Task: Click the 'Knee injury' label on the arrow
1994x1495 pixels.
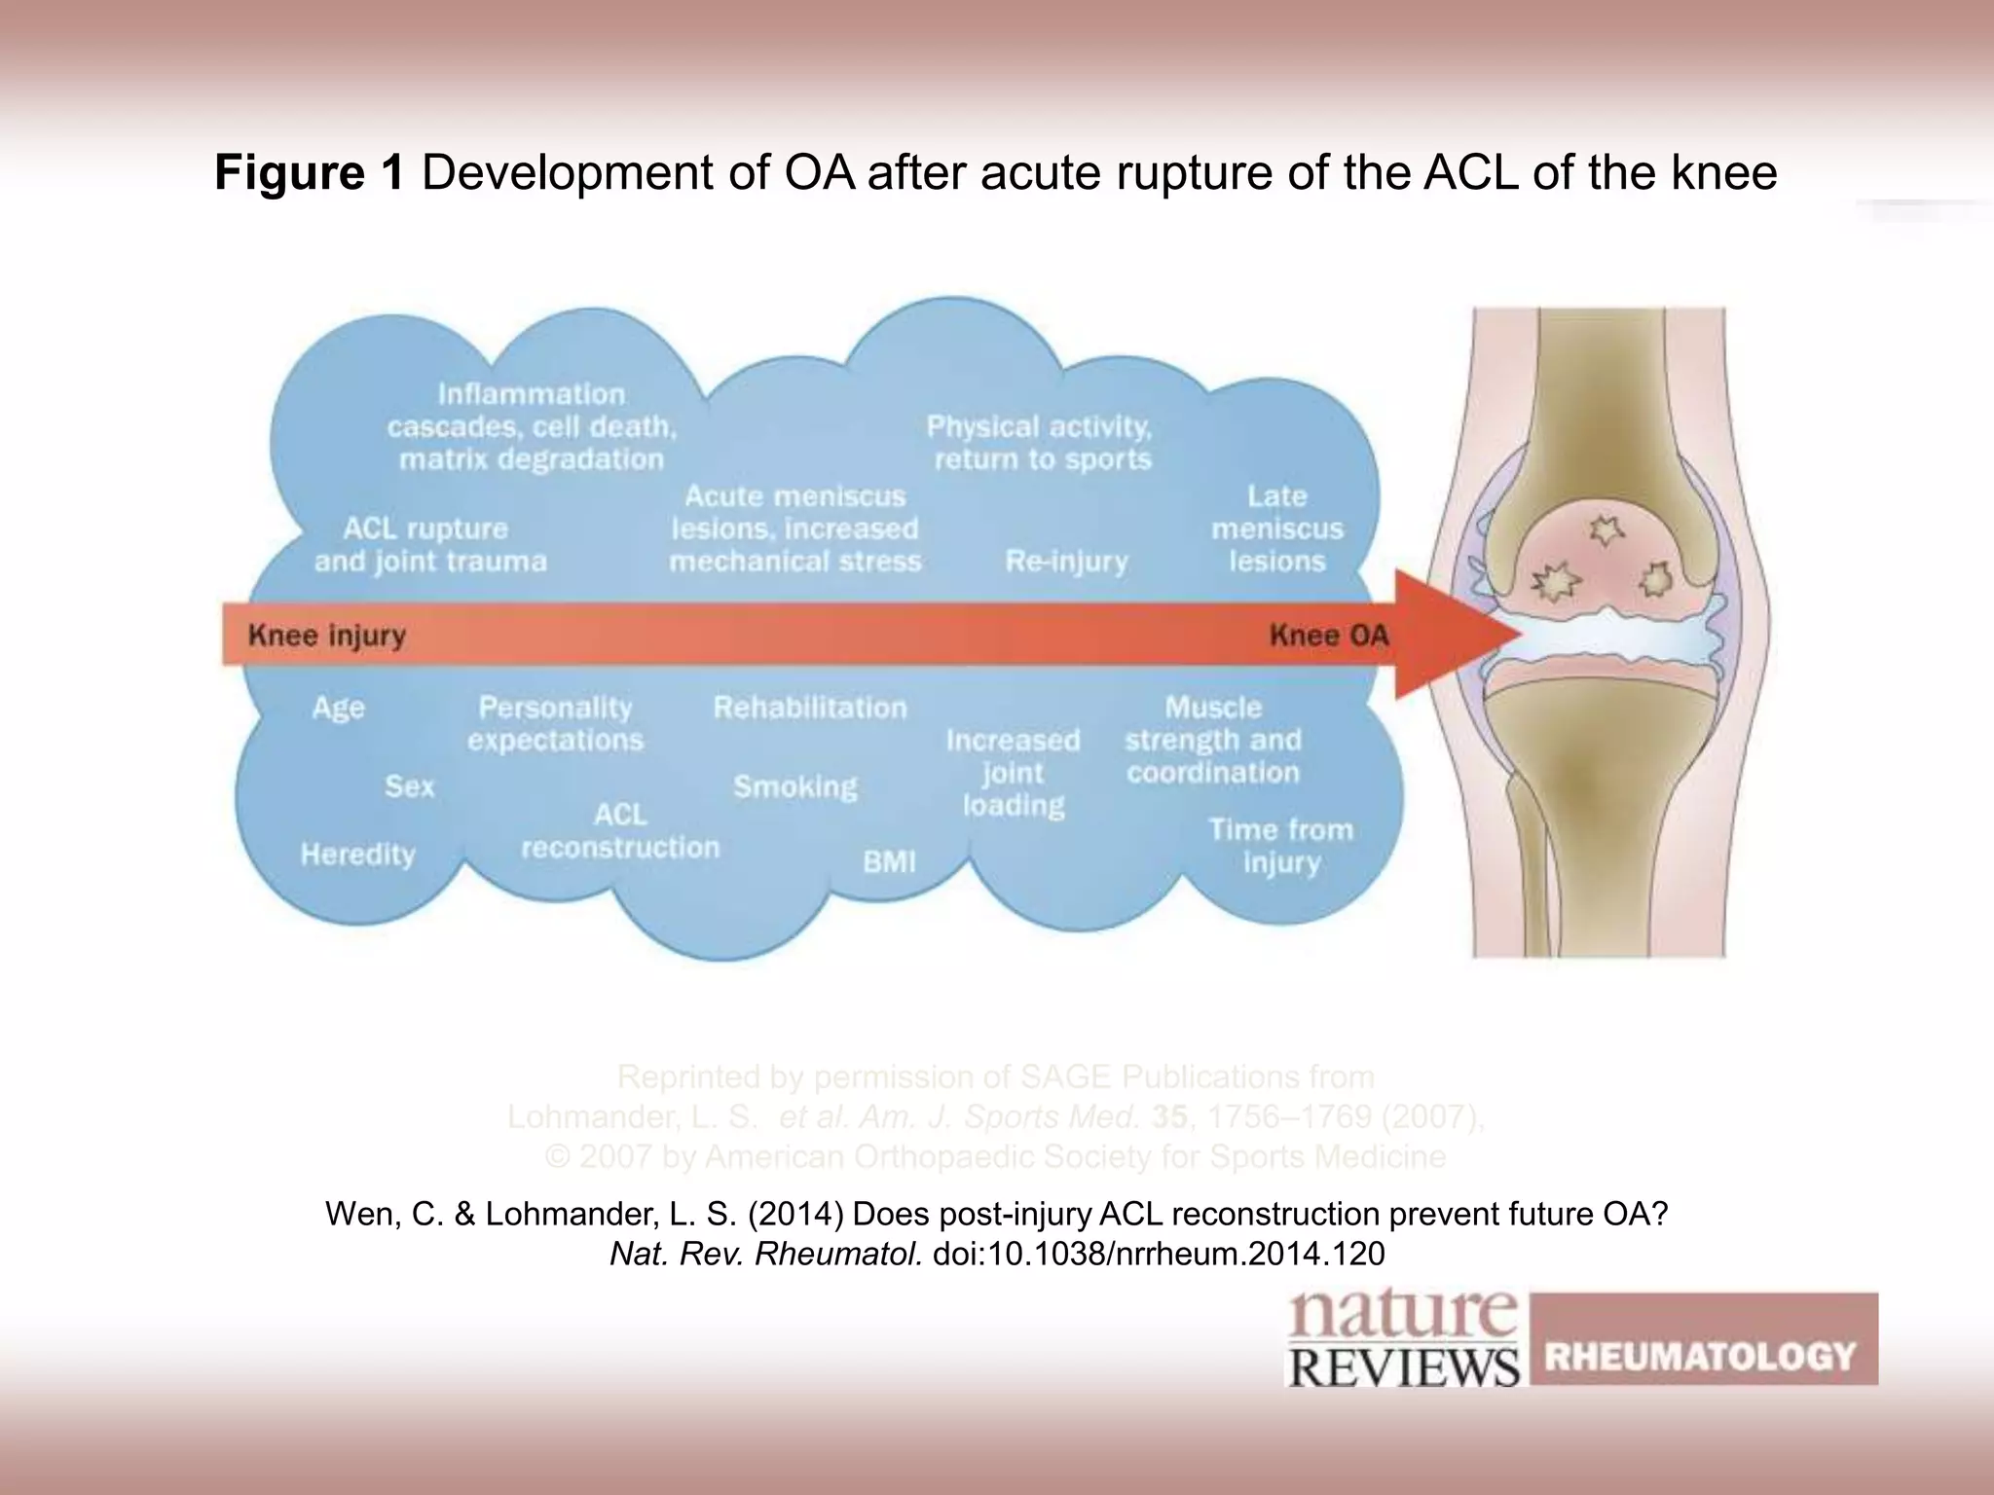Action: pyautogui.click(x=327, y=636)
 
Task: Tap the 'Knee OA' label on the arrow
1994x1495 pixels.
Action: pyautogui.click(x=1328, y=636)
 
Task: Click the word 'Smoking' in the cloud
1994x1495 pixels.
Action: pyautogui.click(x=795, y=786)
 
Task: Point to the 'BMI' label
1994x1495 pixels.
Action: pyautogui.click(x=889, y=861)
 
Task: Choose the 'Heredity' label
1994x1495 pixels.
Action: pyautogui.click(x=357, y=855)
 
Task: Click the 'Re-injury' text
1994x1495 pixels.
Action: pyautogui.click(x=1066, y=562)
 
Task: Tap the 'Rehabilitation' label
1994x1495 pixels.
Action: pyautogui.click(x=810, y=708)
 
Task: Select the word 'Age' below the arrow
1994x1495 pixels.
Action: pyautogui.click(x=338, y=708)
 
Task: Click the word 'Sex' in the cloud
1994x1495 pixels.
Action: pyautogui.click(x=409, y=786)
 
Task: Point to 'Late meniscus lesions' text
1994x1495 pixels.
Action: pyautogui.click(x=1276, y=529)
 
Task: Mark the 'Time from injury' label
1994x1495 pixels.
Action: pyautogui.click(x=1280, y=846)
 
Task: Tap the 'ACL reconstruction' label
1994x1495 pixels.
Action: pyautogui.click(x=620, y=831)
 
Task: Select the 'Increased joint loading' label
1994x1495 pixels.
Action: pyautogui.click(x=1013, y=773)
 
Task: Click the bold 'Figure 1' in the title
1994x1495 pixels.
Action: pyautogui.click(x=309, y=173)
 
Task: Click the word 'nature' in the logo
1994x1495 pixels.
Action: pyautogui.click(x=1402, y=1316)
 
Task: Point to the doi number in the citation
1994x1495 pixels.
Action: pyautogui.click(x=1158, y=1254)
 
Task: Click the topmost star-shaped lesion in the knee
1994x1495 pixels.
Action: pyautogui.click(x=1602, y=529)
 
